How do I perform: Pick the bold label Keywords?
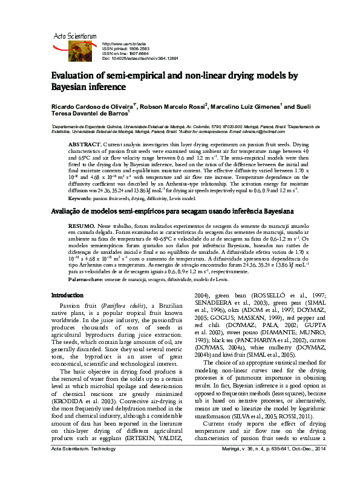click(x=80, y=198)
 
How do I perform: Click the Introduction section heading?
click(x=67, y=295)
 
